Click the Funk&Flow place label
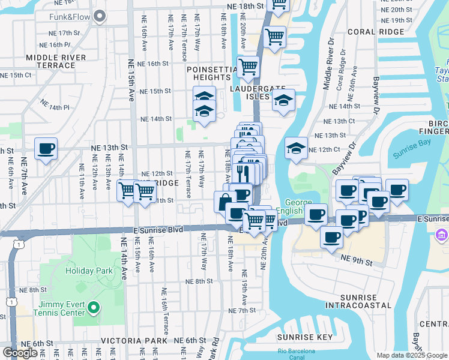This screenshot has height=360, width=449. [70, 17]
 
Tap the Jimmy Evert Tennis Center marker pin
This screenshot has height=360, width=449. [93, 308]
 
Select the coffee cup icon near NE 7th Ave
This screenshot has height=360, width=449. [46, 148]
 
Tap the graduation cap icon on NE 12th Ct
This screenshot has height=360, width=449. [296, 148]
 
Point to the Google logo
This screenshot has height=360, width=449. [20, 353]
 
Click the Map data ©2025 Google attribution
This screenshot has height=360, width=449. [412, 355]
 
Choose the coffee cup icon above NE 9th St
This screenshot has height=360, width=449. [331, 236]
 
